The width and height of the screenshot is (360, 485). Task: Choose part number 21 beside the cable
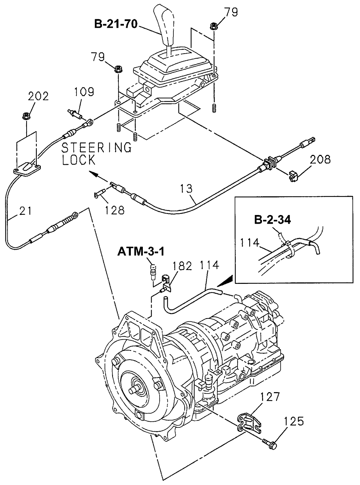click(x=25, y=211)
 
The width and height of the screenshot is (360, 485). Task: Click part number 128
click(x=114, y=210)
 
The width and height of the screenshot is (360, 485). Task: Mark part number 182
click(x=182, y=266)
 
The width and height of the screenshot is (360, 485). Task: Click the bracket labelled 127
click(x=249, y=423)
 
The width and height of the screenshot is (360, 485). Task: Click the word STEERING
click(x=96, y=148)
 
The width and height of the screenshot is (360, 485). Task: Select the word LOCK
click(x=79, y=160)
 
